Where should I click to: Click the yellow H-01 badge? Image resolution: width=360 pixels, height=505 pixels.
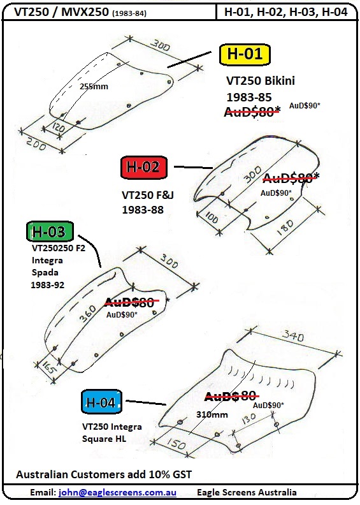[244, 54]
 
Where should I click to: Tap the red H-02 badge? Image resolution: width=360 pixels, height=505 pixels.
[143, 167]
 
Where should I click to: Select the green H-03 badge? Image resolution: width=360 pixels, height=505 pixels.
[50, 231]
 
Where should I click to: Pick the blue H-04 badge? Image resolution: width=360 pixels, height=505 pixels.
[101, 402]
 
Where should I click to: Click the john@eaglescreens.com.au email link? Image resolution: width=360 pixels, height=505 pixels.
[117, 492]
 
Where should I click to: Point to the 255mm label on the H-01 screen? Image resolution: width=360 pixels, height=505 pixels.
[94, 86]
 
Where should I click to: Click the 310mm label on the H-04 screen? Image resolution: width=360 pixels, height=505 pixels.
[212, 414]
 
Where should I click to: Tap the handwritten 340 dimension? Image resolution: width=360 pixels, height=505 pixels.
[292, 336]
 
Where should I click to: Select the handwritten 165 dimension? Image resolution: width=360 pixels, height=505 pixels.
[48, 367]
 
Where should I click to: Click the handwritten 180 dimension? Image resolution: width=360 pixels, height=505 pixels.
[285, 228]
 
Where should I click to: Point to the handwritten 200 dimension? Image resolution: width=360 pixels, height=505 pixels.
[36, 143]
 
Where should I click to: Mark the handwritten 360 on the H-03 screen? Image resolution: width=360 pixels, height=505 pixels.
[88, 313]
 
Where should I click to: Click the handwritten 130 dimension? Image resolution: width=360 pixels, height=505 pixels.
[248, 419]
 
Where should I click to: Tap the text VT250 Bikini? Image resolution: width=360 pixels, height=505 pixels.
[261, 80]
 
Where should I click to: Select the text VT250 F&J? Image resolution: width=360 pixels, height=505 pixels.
[148, 195]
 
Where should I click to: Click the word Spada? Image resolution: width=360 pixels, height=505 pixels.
[45, 273]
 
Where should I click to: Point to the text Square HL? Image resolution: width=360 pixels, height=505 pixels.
[104, 439]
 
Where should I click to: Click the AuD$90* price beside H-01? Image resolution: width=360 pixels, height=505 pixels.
[305, 106]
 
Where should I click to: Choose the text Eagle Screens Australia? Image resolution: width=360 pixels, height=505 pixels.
[247, 492]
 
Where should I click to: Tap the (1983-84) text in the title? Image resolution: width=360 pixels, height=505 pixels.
[129, 13]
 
